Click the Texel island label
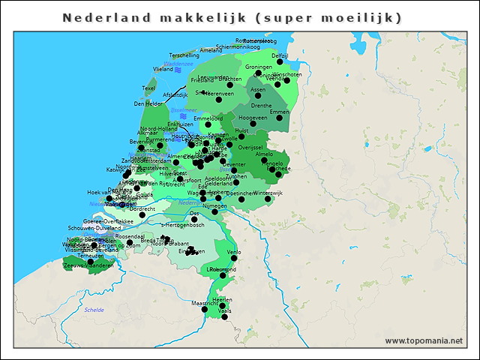148,88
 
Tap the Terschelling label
184,55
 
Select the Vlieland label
163,69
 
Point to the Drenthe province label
262,106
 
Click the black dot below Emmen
279,118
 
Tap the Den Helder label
148,104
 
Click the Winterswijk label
268,193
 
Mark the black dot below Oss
194,219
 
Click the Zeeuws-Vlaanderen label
89,265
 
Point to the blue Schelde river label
94,309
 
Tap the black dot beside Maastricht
205,309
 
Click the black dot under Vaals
224,317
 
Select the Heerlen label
223,299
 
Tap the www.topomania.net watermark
424,341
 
